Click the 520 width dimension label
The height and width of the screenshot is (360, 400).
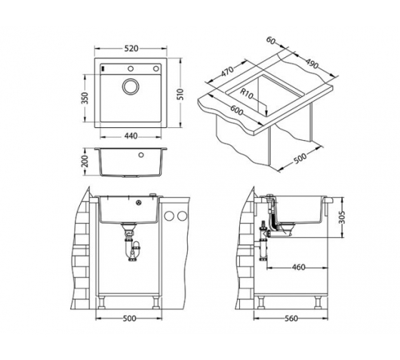131,49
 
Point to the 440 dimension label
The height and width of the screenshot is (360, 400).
131,136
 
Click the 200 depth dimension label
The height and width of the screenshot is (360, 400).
85,161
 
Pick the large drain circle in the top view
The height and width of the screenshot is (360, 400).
131,86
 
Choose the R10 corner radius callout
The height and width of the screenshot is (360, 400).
246,94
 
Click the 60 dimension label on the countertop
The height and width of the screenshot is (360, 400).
271,41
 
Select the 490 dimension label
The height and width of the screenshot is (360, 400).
312,64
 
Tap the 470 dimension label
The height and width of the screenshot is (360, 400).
227,71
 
